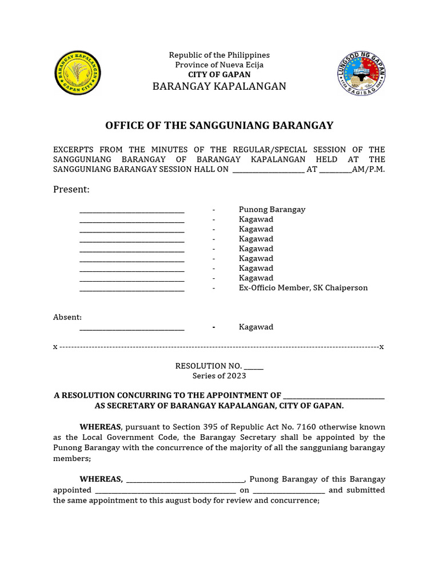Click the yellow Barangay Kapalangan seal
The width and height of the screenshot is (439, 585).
[x=78, y=73]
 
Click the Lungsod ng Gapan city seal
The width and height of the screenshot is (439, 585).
[x=361, y=73]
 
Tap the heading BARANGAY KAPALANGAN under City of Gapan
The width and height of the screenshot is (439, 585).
[x=219, y=86]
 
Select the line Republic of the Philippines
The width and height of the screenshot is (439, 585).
[x=219, y=55]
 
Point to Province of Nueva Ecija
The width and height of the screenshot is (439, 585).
[x=219, y=65]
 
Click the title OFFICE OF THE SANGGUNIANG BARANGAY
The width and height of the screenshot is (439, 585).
[x=219, y=126]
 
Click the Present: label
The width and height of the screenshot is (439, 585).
[x=71, y=190]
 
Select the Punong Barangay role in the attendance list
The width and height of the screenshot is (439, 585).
[x=272, y=210]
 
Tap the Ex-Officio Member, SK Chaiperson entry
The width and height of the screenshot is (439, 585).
[x=303, y=288]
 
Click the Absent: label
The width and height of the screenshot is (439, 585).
[x=67, y=317]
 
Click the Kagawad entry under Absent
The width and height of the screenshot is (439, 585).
[x=256, y=327]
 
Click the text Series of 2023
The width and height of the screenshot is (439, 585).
[x=219, y=376]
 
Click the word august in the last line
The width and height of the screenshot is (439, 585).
[x=187, y=500]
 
